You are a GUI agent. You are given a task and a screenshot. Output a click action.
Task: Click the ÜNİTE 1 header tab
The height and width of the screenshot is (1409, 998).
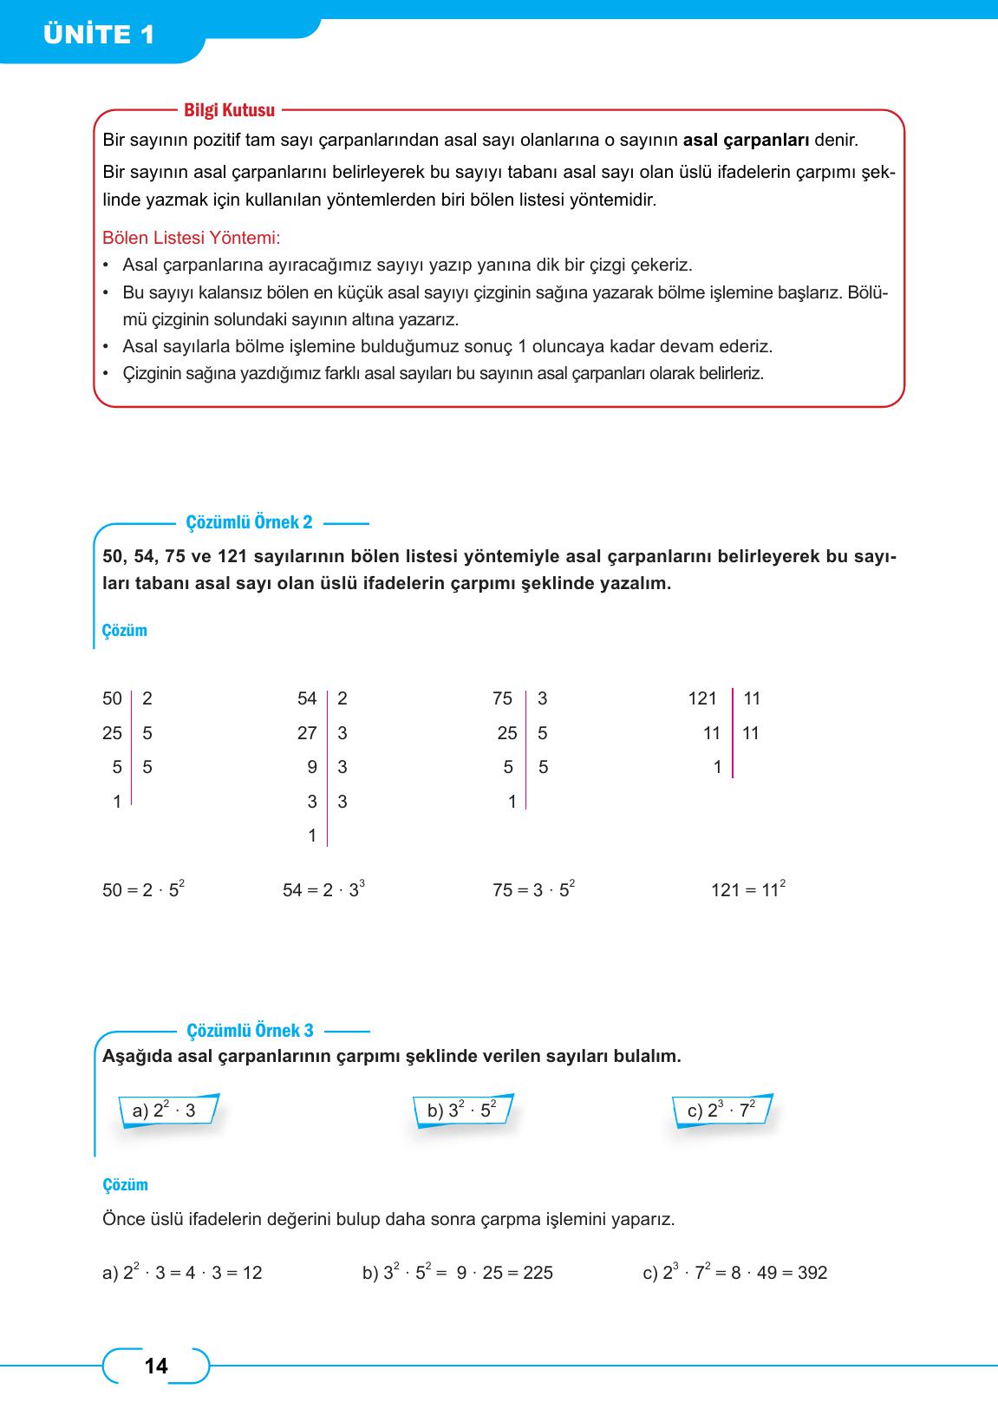[100, 35]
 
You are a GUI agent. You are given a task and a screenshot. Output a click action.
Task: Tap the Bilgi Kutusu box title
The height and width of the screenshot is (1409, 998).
[229, 110]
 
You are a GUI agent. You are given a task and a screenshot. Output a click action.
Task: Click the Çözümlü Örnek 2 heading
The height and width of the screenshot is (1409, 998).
[249, 522]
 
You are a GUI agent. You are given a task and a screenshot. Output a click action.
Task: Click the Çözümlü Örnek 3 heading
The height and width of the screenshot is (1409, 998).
[250, 1031]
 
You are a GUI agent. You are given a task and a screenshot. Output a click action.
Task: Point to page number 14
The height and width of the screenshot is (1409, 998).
[156, 1366]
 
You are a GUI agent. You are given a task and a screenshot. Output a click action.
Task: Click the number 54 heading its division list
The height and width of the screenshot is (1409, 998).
[307, 698]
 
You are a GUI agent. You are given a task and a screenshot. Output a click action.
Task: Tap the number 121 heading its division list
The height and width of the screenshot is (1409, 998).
[702, 698]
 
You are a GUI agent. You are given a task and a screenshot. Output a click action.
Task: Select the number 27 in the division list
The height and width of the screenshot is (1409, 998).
[307, 733]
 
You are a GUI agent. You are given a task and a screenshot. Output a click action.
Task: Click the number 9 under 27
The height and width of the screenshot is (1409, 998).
[312, 767]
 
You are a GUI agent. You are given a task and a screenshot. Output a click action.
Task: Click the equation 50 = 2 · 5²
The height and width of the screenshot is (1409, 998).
[143, 889]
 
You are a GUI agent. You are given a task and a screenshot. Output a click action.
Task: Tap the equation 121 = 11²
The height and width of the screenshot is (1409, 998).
[747, 889]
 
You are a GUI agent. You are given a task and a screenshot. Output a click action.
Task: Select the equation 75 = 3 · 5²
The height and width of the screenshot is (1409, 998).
[533, 889]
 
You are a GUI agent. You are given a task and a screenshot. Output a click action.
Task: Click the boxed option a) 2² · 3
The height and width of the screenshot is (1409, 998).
[165, 1111]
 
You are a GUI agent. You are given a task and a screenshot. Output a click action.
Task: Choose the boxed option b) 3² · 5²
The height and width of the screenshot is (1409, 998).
[462, 1111]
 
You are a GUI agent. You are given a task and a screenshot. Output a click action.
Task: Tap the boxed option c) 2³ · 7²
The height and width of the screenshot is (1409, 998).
[721, 1111]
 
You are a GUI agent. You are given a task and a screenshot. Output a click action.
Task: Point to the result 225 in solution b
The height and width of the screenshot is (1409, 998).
[538, 1273]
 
